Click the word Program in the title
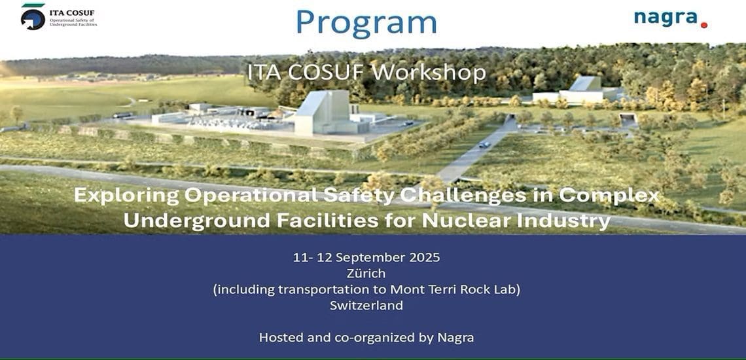pyautogui.click(x=366, y=22)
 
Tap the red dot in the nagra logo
pyautogui.click(x=704, y=25)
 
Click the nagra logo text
pyautogui.click(x=667, y=19)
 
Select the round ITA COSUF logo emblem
pyautogui.click(x=33, y=18)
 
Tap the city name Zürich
pyautogui.click(x=366, y=274)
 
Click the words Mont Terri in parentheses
pyautogui.click(x=418, y=289)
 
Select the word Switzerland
pyautogui.click(x=366, y=305)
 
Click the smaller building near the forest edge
pyautogui.click(x=577, y=90)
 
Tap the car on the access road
pyautogui.click(x=484, y=144)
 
